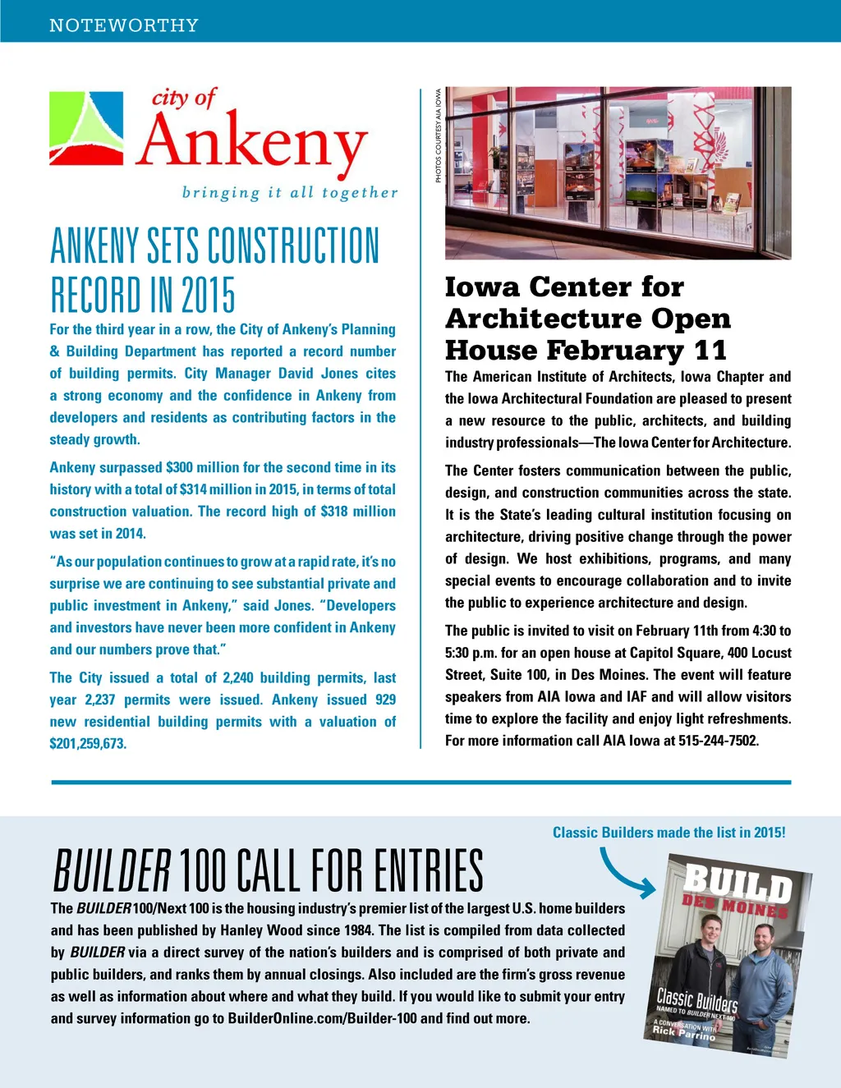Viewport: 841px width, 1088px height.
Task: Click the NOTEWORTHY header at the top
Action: (x=124, y=25)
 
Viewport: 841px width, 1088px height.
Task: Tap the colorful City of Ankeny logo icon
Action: (x=87, y=129)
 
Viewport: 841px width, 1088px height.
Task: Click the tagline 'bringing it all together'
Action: (x=289, y=193)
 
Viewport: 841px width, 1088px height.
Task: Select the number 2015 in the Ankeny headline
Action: (x=208, y=296)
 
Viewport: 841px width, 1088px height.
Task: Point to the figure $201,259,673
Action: (x=88, y=744)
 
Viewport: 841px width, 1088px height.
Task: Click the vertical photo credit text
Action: (x=439, y=135)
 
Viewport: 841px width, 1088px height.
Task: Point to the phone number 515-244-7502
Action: (x=719, y=741)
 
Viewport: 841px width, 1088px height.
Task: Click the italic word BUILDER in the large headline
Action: (x=113, y=872)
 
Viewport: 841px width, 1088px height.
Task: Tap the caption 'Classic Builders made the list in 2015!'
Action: (x=669, y=833)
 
